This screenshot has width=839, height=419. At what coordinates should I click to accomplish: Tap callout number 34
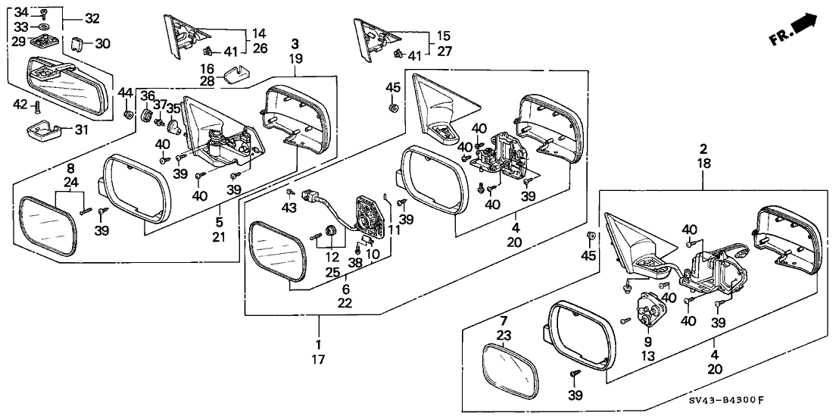(x=21, y=11)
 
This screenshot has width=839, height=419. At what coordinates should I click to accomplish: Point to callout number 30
(x=103, y=43)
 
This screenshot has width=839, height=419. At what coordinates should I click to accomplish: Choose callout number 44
(x=125, y=92)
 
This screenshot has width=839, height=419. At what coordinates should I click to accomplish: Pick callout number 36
(x=147, y=95)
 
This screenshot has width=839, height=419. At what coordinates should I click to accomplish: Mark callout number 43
(x=289, y=208)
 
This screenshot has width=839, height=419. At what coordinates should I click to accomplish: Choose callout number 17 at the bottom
(x=318, y=360)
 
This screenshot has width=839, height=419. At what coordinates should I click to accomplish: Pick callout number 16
(x=207, y=67)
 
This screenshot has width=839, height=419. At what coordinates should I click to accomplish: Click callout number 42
(x=21, y=106)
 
